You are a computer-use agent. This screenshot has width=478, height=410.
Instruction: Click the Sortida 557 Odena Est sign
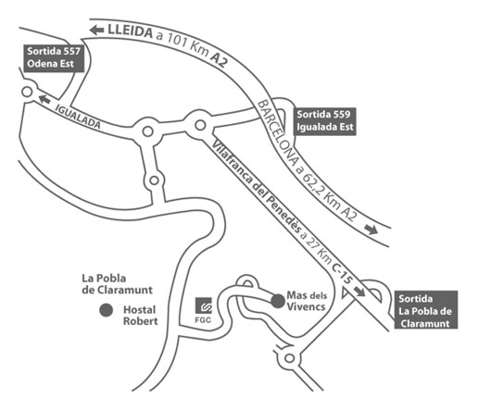[x=54, y=58]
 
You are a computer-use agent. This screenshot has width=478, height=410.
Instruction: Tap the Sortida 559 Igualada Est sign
[x=325, y=121]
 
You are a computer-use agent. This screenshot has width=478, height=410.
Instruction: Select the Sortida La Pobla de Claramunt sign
[x=426, y=310]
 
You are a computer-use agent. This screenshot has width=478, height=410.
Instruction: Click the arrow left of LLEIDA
[x=96, y=31]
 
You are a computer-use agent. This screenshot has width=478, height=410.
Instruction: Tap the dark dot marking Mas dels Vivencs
[x=278, y=301]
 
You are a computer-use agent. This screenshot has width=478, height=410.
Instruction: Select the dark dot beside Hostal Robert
[x=107, y=310]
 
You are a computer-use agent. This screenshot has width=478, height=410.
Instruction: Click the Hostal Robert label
[x=141, y=316]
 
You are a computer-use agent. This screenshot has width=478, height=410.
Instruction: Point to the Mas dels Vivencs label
[x=307, y=301]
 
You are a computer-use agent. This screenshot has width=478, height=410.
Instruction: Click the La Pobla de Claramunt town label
[x=117, y=284]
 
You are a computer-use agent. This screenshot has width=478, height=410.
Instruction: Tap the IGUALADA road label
[x=78, y=117]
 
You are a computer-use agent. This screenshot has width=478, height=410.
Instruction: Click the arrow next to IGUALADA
[x=44, y=99]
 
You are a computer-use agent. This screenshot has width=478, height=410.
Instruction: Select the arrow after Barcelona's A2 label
[x=371, y=230]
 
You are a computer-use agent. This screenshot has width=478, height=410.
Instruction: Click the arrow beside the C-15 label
[x=358, y=291]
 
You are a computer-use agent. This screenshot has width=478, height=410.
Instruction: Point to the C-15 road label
[x=342, y=274]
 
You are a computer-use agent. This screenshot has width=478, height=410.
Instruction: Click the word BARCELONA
[x=278, y=133]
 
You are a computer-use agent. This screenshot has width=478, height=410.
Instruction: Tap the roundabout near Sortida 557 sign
[x=27, y=92]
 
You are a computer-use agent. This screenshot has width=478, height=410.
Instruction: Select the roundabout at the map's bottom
[x=289, y=358]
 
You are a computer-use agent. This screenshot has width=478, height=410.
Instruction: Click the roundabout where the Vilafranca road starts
[x=200, y=125]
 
